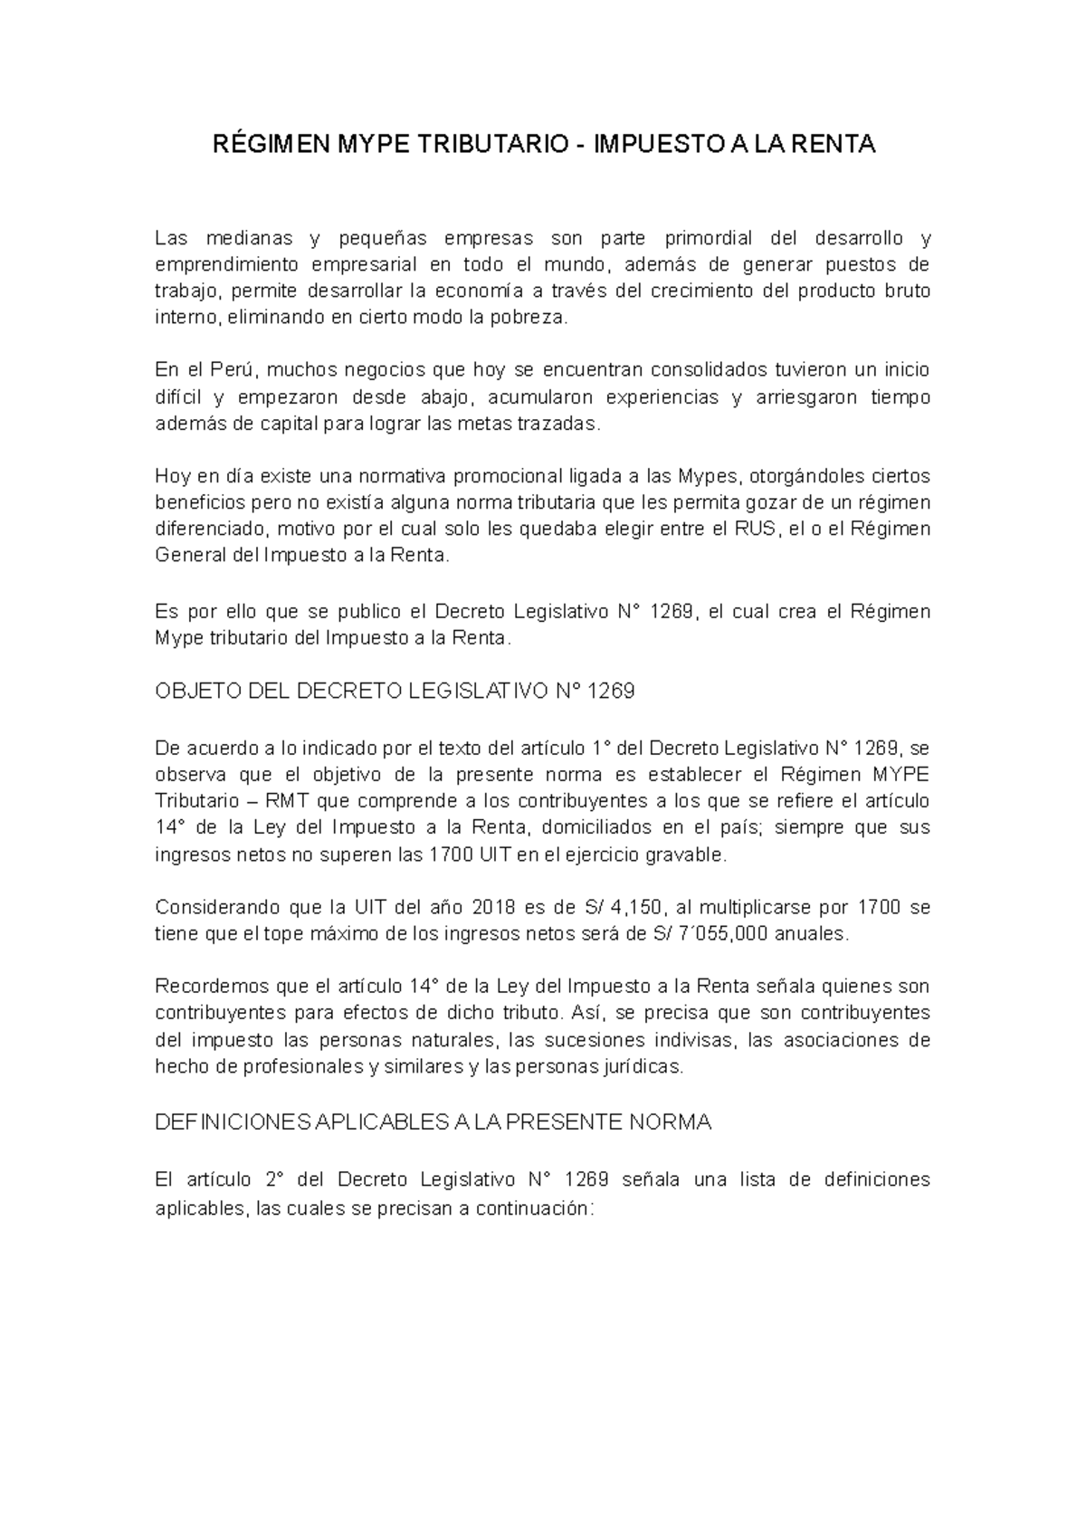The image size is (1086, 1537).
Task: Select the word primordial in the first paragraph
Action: tap(709, 239)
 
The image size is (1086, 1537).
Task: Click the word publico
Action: tap(346, 611)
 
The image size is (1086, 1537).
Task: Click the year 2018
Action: tap(497, 907)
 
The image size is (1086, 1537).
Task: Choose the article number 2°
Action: tap(276, 1180)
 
